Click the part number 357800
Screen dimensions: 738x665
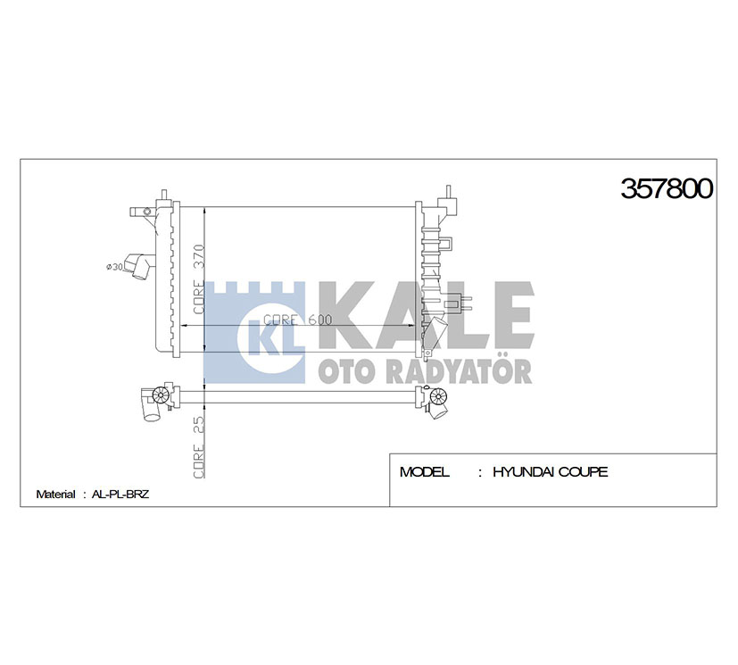tap(667, 188)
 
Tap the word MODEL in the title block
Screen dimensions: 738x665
tap(424, 471)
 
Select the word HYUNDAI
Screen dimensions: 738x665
tap(517, 471)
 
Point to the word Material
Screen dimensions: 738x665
tap(55, 495)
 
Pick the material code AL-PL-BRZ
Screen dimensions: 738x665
tap(120, 495)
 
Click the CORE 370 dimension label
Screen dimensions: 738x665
tap(199, 278)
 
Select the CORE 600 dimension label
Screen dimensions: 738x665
tap(297, 320)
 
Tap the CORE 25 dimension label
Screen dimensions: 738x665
tap(199, 446)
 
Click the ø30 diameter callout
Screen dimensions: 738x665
tap(115, 267)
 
